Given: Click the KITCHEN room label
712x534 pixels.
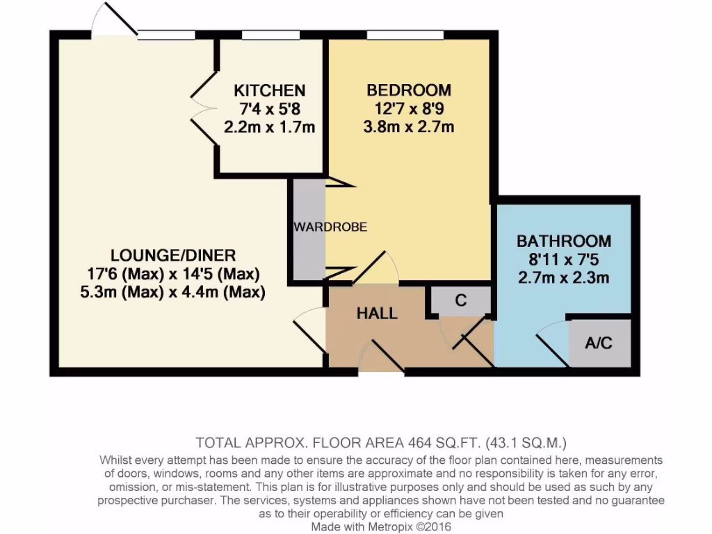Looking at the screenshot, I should pos(269,90).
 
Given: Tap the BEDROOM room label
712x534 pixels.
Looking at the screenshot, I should pos(409,90).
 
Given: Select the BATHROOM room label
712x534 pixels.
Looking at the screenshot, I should pos(564,241).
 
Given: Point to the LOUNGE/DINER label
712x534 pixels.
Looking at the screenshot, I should pos(173,255).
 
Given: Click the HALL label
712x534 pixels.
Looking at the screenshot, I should pos(377,314).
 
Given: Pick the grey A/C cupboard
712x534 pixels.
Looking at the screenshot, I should pos(599,343).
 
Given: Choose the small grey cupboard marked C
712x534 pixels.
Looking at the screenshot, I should pos(460,301).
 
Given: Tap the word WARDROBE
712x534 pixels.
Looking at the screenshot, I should pos(330,227).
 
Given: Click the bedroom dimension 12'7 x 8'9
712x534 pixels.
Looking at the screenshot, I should pos(409,108).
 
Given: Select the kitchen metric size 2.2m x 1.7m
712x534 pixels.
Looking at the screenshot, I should pos(269,127).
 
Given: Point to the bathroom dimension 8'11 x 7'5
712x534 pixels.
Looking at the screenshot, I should pos(564,260).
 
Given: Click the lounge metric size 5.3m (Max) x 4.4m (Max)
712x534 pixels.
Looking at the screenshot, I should pos(173,292).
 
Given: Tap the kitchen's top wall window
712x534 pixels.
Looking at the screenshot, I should pos(270,35).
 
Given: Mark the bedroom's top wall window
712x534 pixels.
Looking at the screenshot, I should pos(405,35).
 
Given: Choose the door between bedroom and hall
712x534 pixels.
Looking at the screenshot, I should pos(375,268).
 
